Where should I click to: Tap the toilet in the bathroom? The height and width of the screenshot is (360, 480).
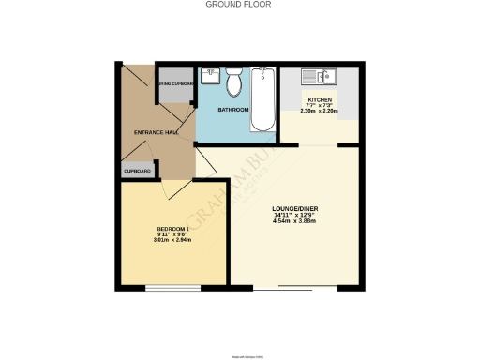tap(234, 85)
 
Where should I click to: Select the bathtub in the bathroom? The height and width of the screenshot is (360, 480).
tap(262, 99)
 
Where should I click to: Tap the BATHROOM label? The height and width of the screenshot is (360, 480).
tap(233, 111)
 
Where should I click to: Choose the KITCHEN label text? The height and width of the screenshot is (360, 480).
tap(319, 98)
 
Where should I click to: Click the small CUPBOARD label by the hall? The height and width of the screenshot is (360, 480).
tap(137, 172)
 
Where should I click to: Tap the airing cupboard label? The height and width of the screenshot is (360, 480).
tap(176, 84)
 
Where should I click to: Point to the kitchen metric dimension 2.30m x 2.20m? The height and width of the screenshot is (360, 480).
tap(319, 111)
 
